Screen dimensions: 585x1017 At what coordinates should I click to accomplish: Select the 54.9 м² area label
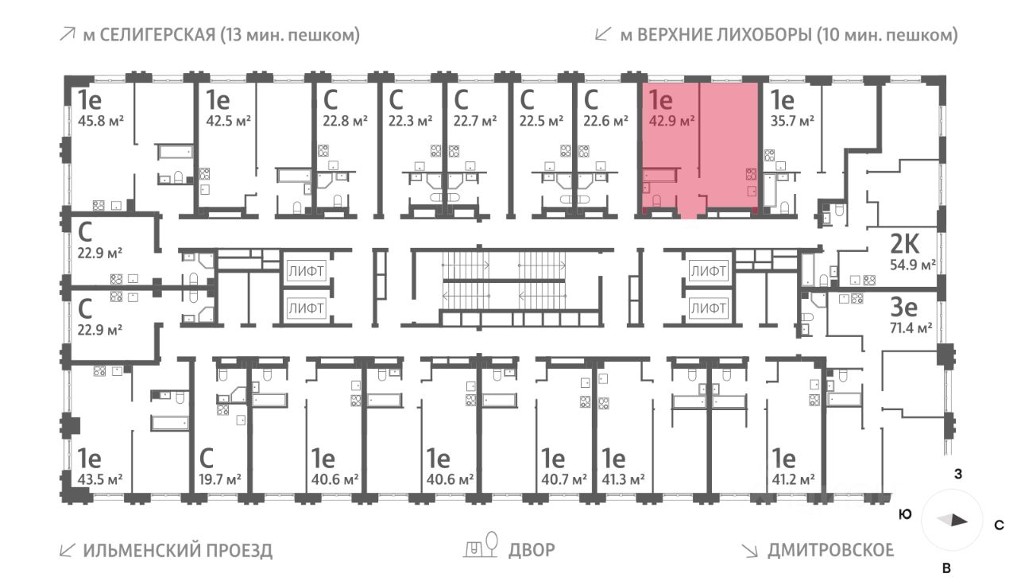point(911,264)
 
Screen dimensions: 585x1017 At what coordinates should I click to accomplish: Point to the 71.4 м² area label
point(911,327)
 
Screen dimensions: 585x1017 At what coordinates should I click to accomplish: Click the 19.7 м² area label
point(219,479)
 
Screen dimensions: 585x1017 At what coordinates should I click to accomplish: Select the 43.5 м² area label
point(100,479)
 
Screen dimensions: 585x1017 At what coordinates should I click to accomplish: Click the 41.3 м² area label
point(623,479)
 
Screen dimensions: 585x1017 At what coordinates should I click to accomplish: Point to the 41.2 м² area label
point(795,479)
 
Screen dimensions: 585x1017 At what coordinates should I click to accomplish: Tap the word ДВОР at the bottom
point(532,550)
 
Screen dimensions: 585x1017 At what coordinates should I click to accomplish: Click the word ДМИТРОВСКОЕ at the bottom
point(830,550)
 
